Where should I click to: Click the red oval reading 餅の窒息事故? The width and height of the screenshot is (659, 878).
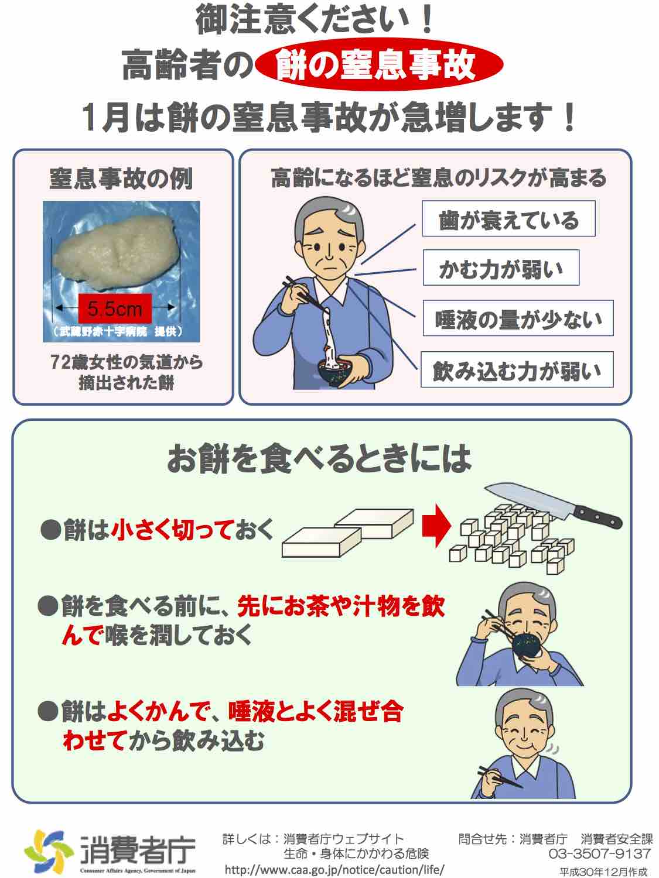pos(378,64)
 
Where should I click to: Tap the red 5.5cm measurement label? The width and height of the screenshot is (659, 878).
pos(115,308)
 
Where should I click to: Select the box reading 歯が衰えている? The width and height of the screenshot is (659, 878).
pos(508,218)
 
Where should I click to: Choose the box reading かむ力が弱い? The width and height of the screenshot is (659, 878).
pos(501,267)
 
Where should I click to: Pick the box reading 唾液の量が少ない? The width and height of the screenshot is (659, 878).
pos(518,318)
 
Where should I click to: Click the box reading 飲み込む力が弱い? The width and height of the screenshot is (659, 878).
pos(517,369)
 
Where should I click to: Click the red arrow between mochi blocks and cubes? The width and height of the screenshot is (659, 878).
pos(436,525)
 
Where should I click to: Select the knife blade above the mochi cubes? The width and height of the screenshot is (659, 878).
pos(530,499)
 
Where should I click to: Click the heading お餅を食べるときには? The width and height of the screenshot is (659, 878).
pos(319,458)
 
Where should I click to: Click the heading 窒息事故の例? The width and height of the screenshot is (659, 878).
pos(121,179)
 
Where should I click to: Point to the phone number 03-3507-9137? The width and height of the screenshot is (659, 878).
pos(599,853)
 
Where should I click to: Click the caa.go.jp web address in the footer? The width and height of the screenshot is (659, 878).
pos(334,870)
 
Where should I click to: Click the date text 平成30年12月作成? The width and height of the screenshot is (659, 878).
pos(603,872)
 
